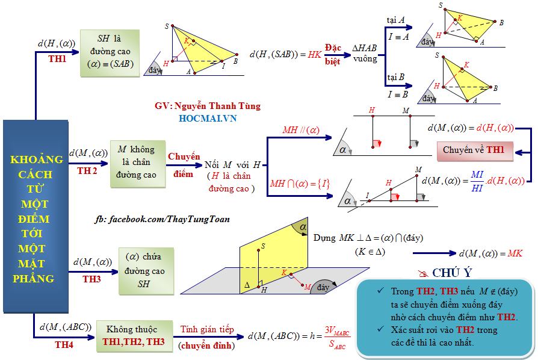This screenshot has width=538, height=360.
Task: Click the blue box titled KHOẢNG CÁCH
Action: tap(36, 217)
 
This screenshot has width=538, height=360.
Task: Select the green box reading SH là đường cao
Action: tap(110, 53)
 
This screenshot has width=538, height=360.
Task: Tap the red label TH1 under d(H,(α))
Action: tap(57, 59)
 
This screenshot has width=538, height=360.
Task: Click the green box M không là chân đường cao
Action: tap(138, 164)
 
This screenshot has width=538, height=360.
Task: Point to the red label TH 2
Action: tap(87, 171)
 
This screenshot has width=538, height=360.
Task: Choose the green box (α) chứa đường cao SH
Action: tap(146, 271)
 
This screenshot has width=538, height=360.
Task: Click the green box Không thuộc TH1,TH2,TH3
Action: tap(135, 336)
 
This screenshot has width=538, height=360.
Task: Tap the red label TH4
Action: tap(64, 344)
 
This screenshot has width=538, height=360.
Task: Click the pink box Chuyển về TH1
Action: tap(475, 151)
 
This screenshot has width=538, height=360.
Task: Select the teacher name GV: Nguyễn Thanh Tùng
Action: tap(208, 106)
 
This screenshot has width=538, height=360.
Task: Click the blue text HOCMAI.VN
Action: tap(208, 119)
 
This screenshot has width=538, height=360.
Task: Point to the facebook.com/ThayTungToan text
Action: tap(162, 219)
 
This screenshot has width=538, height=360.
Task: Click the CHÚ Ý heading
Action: tap(452, 273)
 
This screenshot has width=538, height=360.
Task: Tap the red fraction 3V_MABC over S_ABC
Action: tap(337, 337)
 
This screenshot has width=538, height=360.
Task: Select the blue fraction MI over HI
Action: tap(477, 181)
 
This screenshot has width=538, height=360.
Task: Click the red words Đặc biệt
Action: tap(333, 55)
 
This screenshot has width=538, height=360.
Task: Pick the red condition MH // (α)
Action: tap(301, 130)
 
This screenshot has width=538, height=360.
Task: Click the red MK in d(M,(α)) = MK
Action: tap(515, 253)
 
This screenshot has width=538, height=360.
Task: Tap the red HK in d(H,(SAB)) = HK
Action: tap(315, 55)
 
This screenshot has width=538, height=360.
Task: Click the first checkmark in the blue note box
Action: tap(380, 291)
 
